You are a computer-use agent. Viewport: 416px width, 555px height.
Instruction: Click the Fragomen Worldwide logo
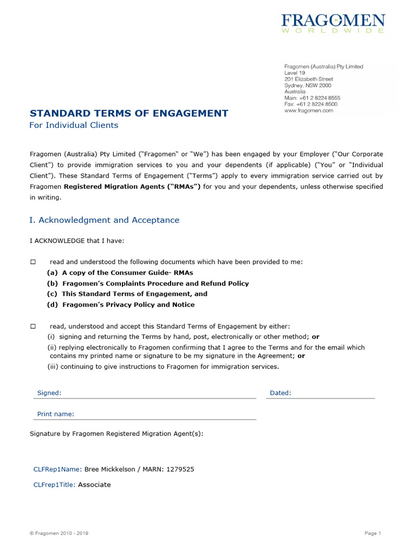tap(333, 24)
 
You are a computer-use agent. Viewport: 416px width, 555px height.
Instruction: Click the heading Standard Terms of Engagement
tap(128, 113)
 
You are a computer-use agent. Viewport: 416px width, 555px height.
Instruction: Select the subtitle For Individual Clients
tap(73, 125)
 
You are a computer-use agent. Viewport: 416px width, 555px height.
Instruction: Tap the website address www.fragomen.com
tap(309, 111)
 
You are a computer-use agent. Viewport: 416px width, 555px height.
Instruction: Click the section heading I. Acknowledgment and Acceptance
tap(104, 220)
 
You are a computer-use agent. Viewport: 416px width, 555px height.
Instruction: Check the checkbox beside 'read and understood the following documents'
tap(33, 262)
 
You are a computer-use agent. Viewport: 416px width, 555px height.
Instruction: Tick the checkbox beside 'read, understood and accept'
tap(33, 326)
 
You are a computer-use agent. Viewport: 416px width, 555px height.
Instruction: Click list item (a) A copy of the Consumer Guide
tap(120, 273)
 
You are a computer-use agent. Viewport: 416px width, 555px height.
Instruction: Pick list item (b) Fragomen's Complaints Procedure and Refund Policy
tap(148, 283)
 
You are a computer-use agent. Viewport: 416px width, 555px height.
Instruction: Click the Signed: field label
tap(49, 393)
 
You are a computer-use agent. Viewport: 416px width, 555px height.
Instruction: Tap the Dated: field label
tap(280, 393)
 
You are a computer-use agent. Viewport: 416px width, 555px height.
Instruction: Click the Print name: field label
tap(55, 414)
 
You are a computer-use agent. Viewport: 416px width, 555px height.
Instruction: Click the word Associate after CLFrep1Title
tap(94, 485)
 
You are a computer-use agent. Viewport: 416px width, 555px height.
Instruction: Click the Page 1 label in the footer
tap(373, 533)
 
